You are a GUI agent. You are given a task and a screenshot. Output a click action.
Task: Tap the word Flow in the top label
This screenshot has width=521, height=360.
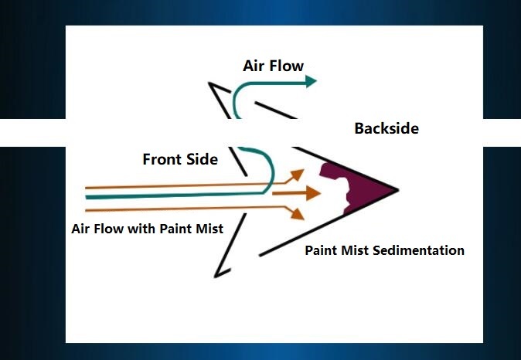287,66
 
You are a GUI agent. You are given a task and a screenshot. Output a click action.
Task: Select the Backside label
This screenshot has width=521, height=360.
386,128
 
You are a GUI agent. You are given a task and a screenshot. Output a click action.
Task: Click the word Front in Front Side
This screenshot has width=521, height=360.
162,159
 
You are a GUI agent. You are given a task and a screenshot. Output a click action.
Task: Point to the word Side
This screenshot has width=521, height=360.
202,159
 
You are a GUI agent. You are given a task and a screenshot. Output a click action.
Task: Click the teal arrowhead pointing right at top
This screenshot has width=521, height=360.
310,81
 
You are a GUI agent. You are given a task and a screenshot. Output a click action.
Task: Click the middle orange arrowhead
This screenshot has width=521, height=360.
313,193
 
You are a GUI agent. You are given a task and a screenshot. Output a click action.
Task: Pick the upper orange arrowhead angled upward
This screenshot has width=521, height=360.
298,174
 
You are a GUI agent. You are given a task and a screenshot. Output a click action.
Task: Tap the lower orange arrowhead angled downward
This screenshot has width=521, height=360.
298,214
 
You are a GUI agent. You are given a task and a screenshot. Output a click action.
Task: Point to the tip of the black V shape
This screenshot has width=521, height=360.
398,190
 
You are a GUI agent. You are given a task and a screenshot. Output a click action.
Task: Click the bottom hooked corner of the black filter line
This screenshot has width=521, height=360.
215,277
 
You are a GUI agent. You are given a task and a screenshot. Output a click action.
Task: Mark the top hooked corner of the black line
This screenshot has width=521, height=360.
209,83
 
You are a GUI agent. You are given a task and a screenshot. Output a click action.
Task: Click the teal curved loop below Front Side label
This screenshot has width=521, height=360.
273,169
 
